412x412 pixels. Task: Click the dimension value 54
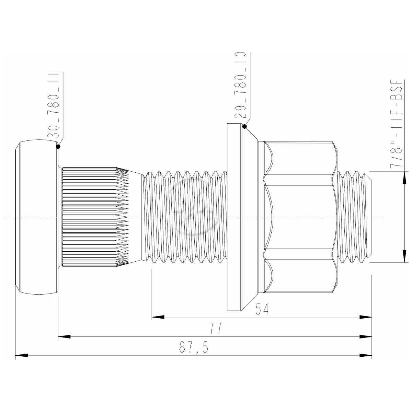pos(262,309)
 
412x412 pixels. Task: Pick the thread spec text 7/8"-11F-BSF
pos(396,124)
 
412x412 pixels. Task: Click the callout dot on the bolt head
pos(58,147)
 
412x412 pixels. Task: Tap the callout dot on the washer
pos(244,127)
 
